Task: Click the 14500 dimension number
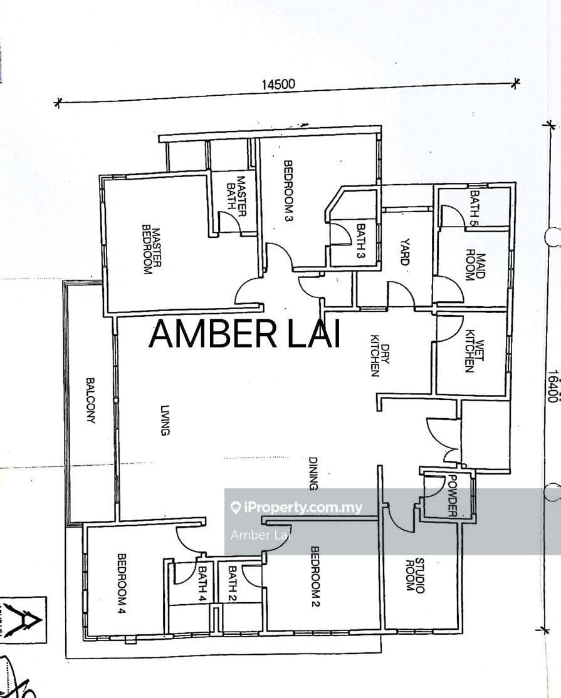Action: coord(278,84)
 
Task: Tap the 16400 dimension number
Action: coord(553,386)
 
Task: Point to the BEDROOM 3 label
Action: coord(289,190)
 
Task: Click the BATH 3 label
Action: coord(360,241)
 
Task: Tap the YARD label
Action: coord(404,252)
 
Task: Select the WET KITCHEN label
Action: coord(474,357)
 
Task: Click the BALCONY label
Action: coord(90,401)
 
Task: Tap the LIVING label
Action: coord(165,420)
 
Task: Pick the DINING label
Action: coord(313,473)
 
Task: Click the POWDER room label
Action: coord(453,496)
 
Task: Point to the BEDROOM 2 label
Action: coord(315,577)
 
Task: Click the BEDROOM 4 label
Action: coord(122,583)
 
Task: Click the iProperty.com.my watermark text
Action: coord(296,508)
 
